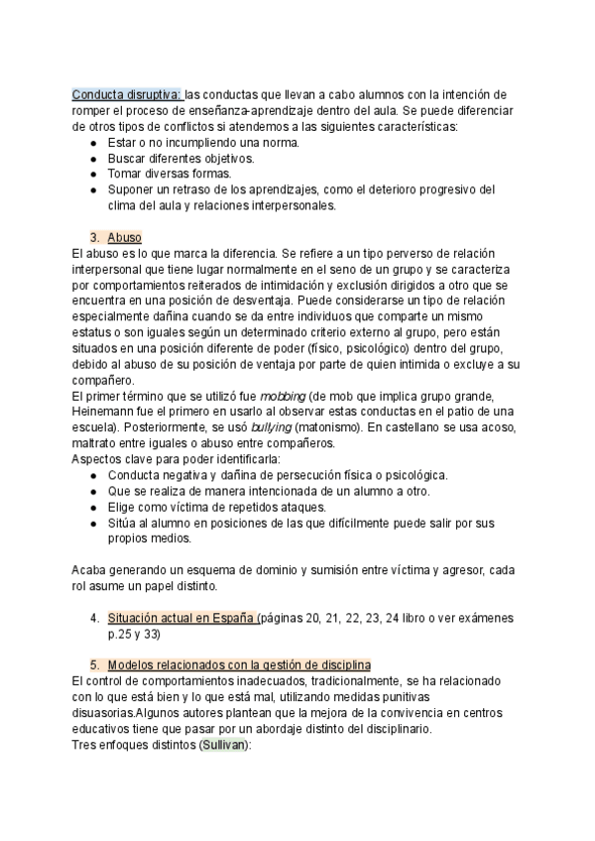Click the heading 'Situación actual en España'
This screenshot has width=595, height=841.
point(181,618)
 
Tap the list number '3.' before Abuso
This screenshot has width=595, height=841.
point(95,238)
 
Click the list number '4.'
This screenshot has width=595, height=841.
point(95,618)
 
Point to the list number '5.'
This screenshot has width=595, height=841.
point(95,664)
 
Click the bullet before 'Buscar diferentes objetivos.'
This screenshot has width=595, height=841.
point(93,159)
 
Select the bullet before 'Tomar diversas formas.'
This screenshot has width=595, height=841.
point(93,175)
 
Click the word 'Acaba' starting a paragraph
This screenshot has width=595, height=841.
point(92,570)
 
